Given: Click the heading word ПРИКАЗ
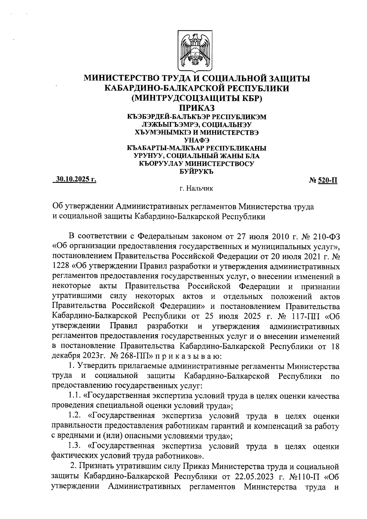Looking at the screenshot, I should click(197, 108).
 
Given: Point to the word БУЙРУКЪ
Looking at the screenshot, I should click(197, 172).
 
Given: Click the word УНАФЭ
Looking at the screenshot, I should click(197, 140).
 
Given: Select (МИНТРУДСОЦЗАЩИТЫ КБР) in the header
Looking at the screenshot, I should click(197, 98).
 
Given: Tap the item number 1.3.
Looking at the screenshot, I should click(75, 447).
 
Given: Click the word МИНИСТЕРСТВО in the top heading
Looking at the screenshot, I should click(122, 79).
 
